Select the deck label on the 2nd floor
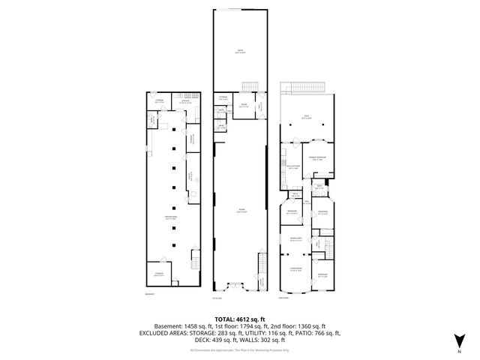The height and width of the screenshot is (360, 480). (307, 117)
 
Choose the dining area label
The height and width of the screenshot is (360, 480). (295, 239)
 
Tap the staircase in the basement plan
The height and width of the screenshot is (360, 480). (196, 261)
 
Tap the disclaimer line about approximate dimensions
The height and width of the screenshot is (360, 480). (240, 349)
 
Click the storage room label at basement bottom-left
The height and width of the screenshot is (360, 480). (159, 275)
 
